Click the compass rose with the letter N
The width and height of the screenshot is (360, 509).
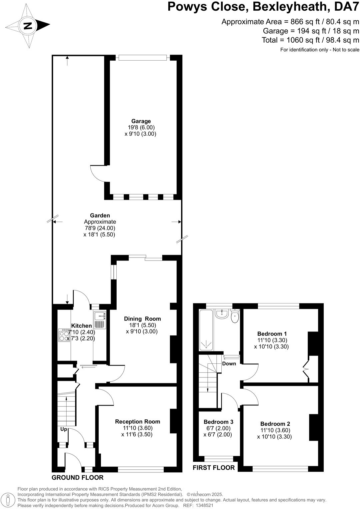[28, 25]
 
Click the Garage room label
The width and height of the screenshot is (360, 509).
[141, 121]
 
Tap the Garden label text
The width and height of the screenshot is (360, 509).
[100, 216]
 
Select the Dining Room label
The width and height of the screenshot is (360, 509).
[142, 319]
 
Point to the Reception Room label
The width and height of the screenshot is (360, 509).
[138, 421]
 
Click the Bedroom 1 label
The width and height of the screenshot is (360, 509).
[272, 334]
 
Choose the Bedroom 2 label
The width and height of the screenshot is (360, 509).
[275, 424]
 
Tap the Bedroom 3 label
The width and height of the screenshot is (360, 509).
[218, 422]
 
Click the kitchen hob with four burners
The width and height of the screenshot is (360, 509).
[64, 335]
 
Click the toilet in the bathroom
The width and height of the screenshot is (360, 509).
[235, 316]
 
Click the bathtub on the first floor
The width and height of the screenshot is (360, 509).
[207, 330]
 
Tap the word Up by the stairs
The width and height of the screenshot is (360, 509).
[64, 429]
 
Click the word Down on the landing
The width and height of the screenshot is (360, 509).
[229, 363]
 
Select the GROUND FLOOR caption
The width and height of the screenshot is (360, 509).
[77, 477]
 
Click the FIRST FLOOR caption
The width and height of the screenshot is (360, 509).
[214, 467]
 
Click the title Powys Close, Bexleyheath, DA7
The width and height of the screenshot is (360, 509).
[263, 7]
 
